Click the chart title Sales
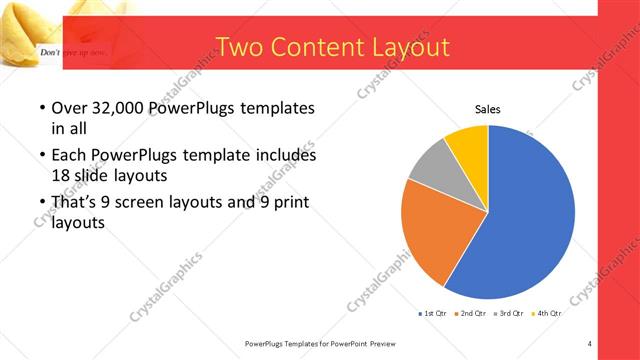pos(487,110)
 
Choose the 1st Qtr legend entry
pos(432,313)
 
